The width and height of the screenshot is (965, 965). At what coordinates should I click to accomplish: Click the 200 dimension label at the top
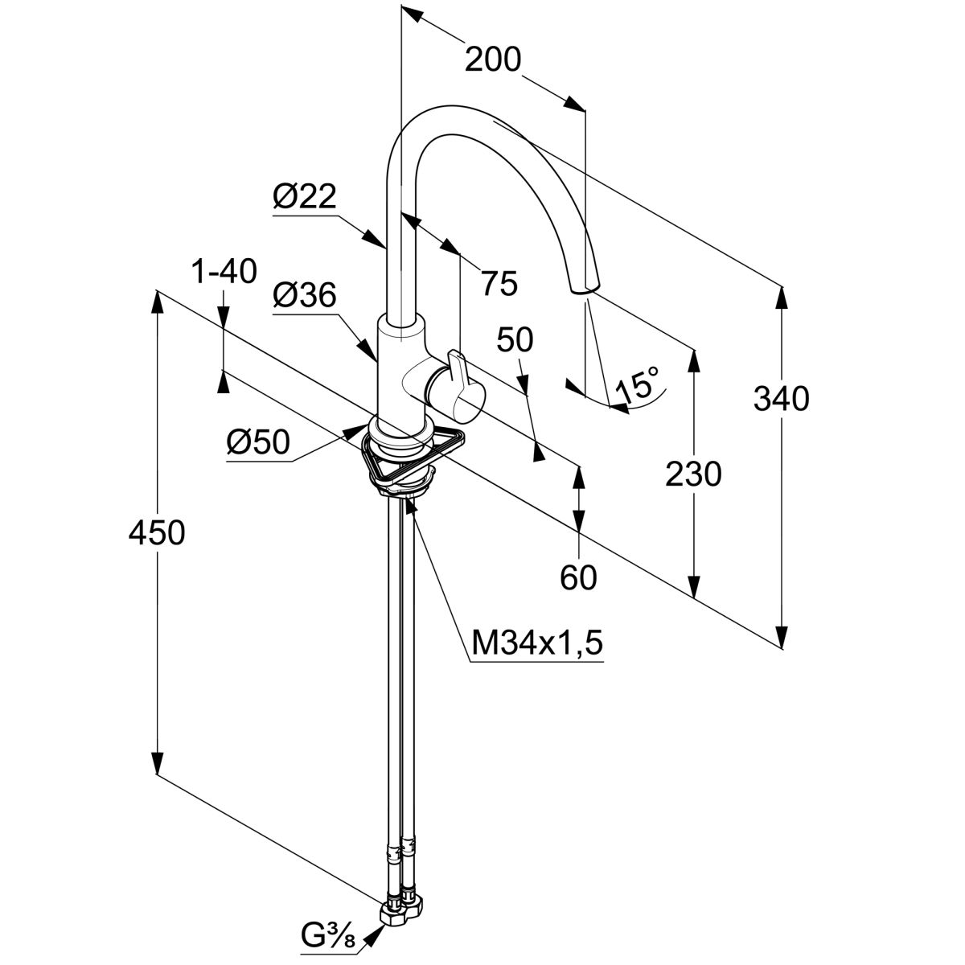[x=493, y=60]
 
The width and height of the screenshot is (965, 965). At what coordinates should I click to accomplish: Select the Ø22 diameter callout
[x=304, y=196]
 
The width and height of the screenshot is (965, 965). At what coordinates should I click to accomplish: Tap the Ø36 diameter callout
[x=303, y=295]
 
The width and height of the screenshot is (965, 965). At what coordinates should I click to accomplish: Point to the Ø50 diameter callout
[x=257, y=441]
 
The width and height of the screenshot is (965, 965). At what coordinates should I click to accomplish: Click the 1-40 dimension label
[x=224, y=272]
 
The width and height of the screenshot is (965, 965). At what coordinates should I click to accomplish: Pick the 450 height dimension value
[x=157, y=532]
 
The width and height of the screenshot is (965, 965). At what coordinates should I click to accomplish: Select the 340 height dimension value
[x=781, y=398]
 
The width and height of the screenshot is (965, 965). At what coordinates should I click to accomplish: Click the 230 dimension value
[x=693, y=474]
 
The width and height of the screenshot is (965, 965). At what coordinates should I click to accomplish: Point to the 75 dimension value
[x=499, y=282]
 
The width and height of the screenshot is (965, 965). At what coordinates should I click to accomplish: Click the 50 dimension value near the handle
[x=515, y=340]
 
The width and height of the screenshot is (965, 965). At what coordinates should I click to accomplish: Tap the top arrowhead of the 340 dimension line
[x=780, y=294]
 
